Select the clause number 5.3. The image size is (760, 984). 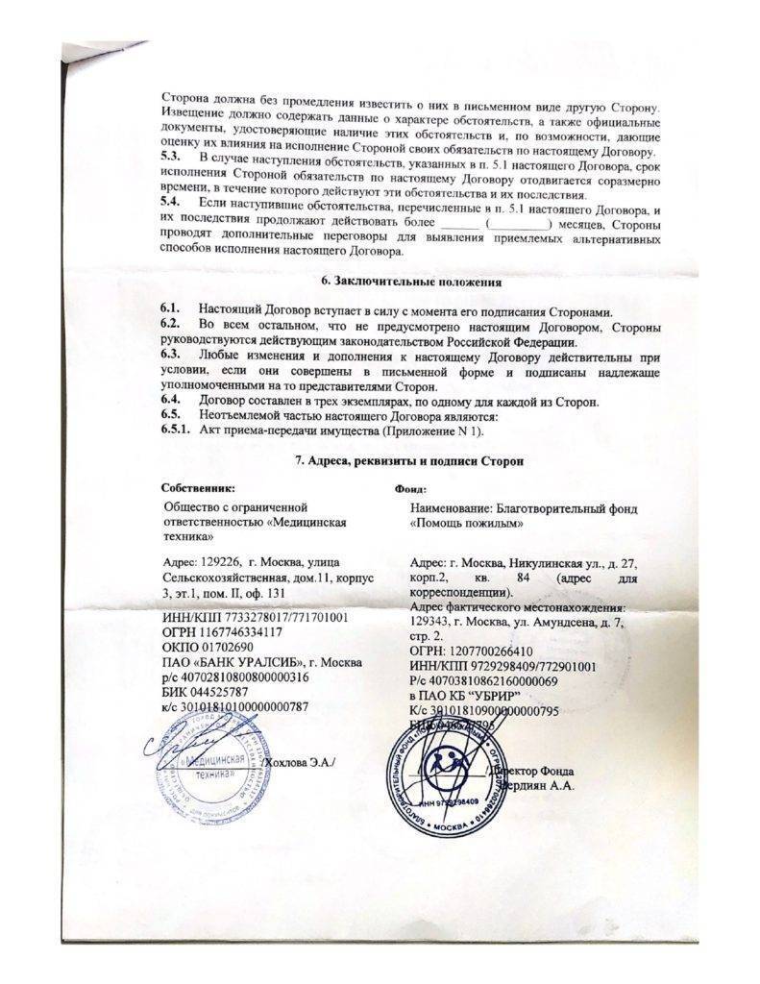(171, 155)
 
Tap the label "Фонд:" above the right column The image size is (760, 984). (411, 488)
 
